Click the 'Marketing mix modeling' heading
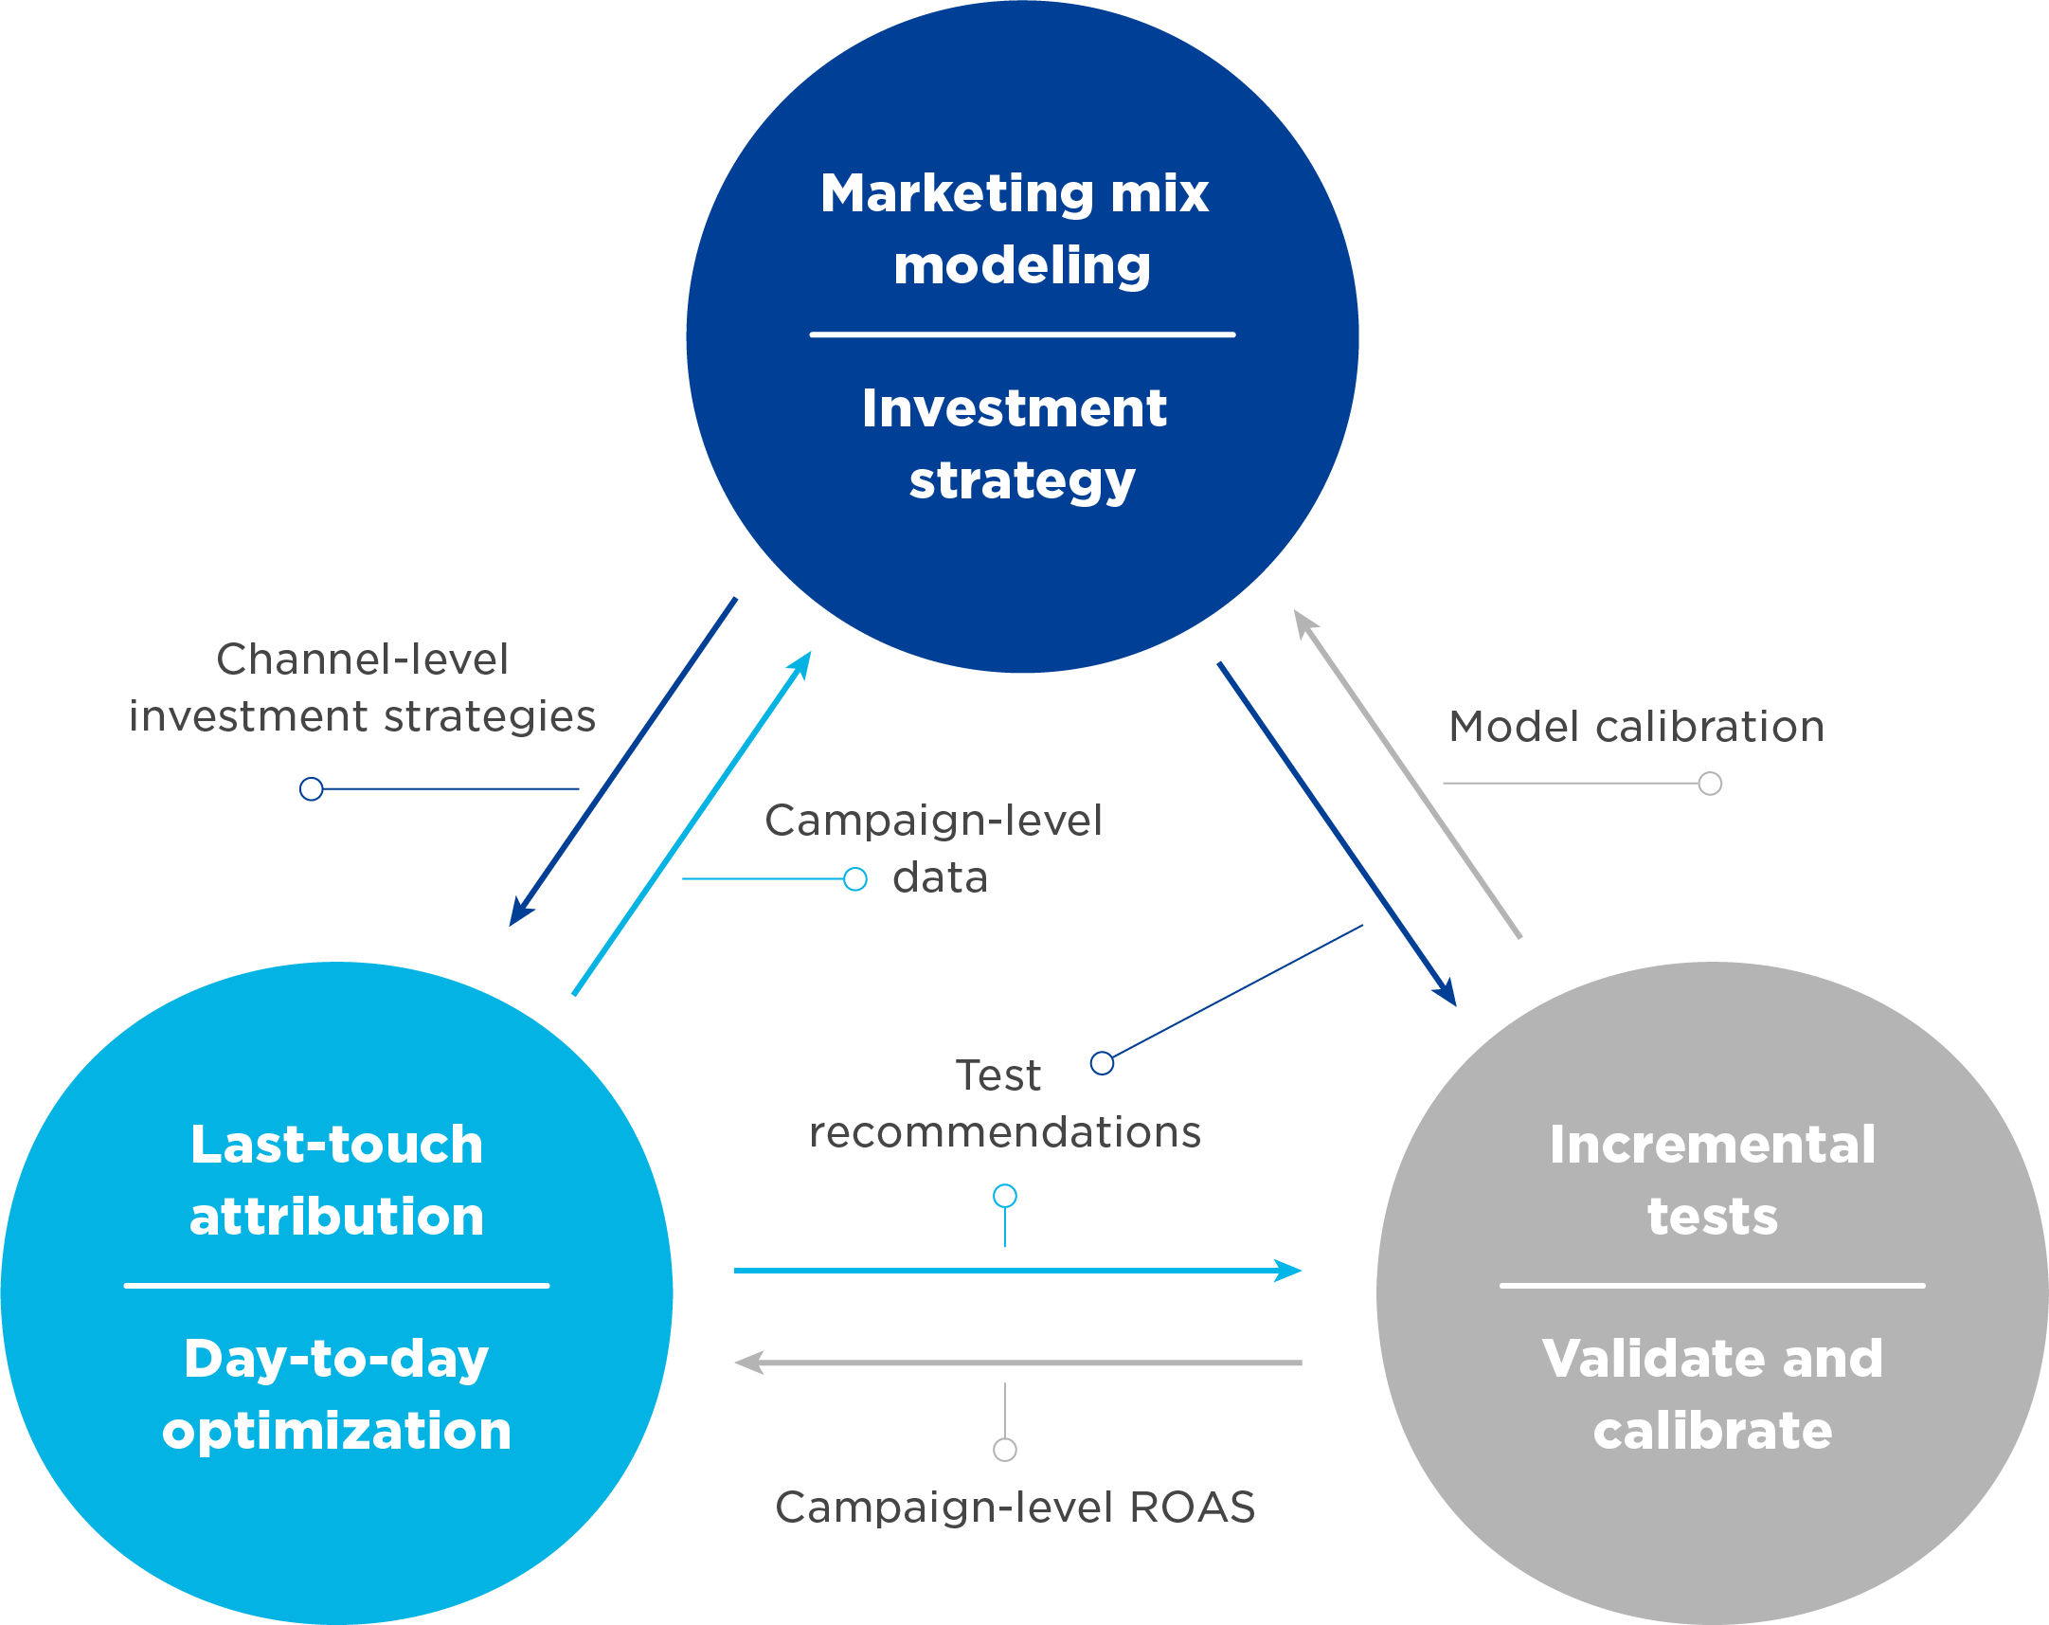point(1015,228)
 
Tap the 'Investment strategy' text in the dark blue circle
point(1015,444)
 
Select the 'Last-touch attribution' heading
point(336,1180)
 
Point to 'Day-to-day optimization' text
point(336,1394)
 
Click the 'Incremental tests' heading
point(1713,1180)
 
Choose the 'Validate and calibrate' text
point(1713,1394)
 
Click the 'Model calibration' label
point(1636,727)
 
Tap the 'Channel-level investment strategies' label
point(362,688)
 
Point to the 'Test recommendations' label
point(1003,1104)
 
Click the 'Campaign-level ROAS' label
point(1015,1508)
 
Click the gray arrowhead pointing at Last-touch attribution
point(750,1363)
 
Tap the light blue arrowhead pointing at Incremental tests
point(1288,1271)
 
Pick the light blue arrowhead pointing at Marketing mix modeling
point(801,664)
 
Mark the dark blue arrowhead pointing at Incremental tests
point(1447,993)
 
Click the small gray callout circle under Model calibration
point(1710,784)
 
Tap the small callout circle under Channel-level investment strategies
point(311,789)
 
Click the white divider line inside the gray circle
point(1713,1286)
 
